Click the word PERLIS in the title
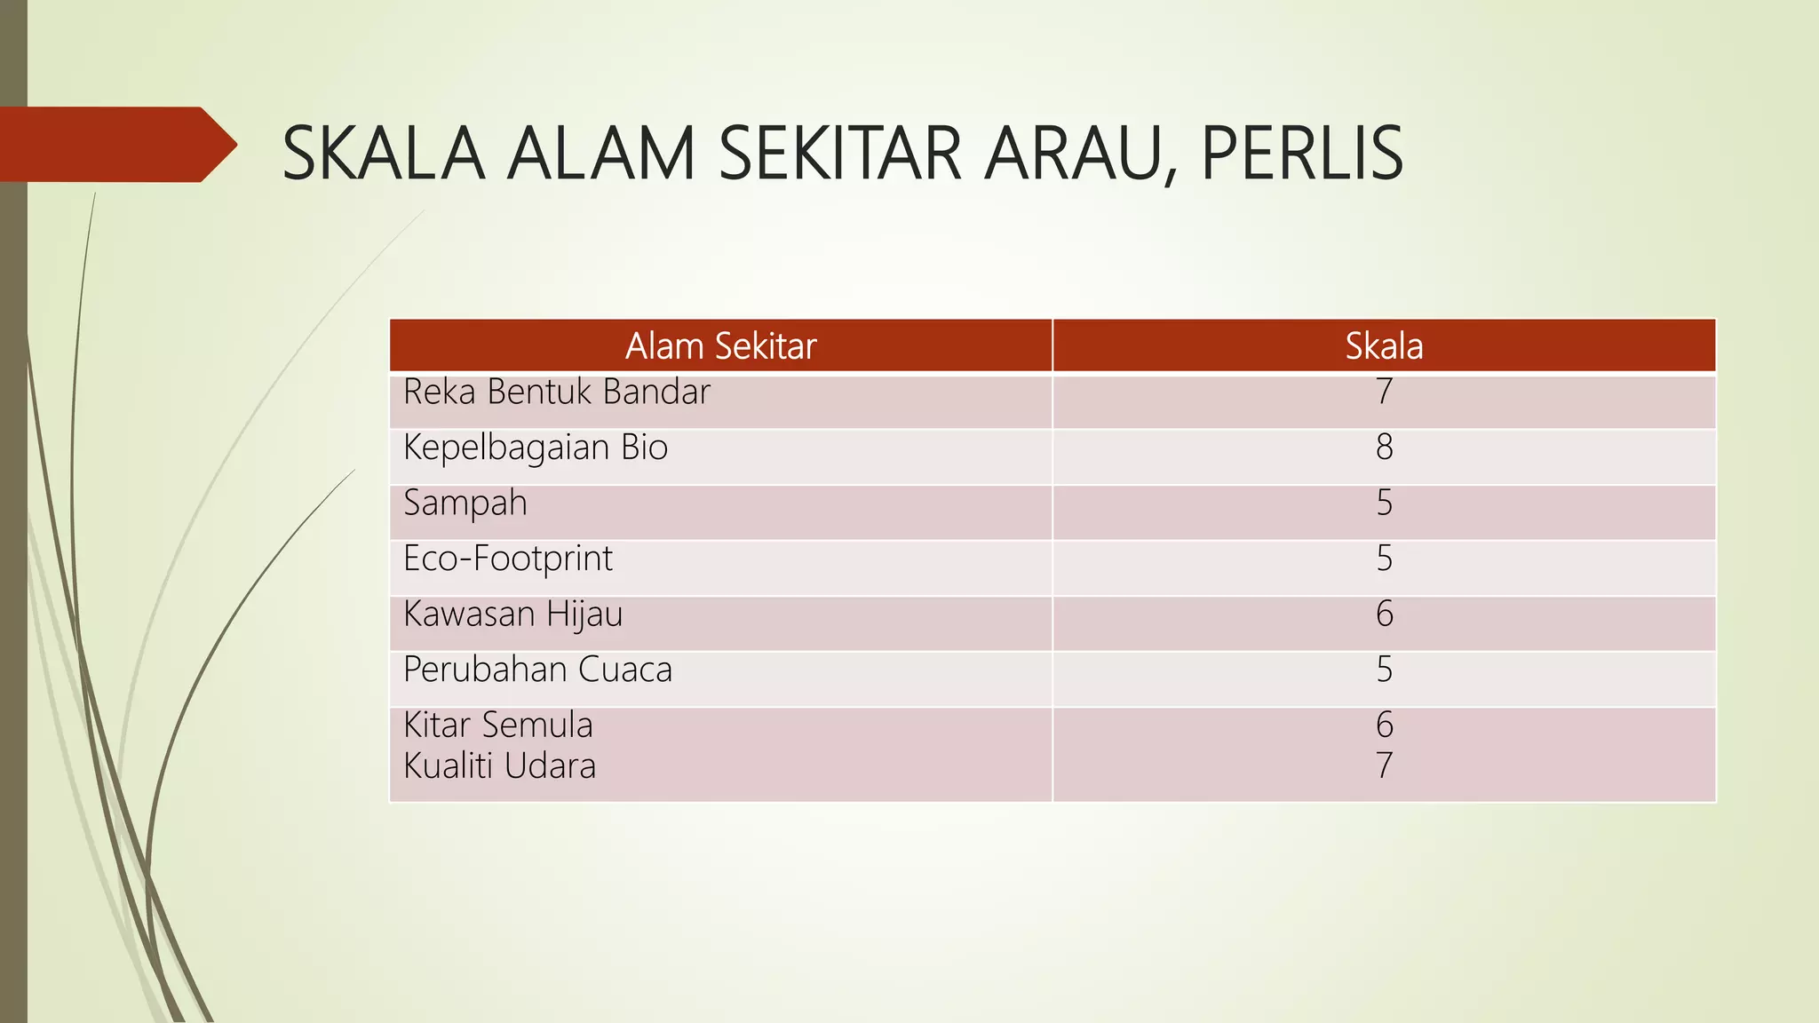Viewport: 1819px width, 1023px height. coord(1301,153)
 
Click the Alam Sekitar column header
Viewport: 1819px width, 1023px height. coord(720,345)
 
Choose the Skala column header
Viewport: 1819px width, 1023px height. coord(1384,345)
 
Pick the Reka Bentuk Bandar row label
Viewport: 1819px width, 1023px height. coord(557,392)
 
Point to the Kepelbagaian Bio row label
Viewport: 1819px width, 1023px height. coord(536,448)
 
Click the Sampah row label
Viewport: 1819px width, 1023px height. coord(465,504)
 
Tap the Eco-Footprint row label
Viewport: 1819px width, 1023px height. coord(508,559)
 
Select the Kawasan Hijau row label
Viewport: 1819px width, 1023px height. coord(513,615)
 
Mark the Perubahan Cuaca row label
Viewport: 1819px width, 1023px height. coord(538,670)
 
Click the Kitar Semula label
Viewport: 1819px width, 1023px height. coord(498,725)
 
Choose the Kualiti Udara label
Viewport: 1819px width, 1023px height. coord(500,765)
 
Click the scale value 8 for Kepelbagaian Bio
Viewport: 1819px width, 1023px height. coord(1384,447)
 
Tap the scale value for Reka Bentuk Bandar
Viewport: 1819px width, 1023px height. coord(1384,392)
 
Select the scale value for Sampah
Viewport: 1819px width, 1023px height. coord(1384,503)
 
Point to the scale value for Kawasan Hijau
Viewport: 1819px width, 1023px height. coord(1384,614)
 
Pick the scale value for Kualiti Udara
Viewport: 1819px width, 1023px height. coord(1384,765)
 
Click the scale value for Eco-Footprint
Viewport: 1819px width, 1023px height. coord(1384,559)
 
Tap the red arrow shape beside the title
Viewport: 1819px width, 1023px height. coord(115,144)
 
